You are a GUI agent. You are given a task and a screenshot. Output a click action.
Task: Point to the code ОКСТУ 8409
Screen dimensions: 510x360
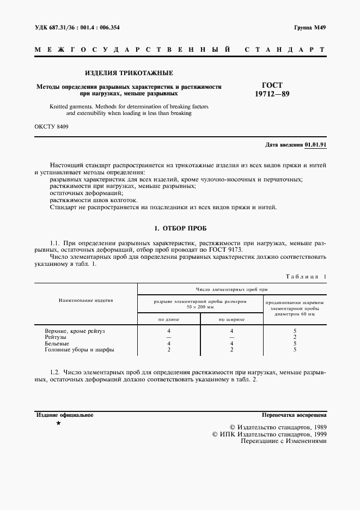51,127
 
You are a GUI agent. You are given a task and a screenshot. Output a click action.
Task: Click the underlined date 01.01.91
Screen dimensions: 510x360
315,144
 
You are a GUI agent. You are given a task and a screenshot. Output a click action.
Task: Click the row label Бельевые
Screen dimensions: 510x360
56,344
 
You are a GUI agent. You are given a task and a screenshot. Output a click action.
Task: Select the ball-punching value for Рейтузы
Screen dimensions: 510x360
295,337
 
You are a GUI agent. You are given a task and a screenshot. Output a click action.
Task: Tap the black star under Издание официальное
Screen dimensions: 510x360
58,423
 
